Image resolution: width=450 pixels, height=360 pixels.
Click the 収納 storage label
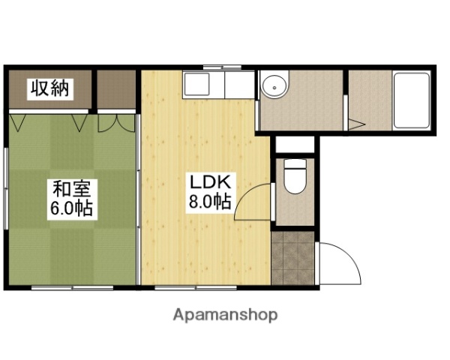(x=49, y=89)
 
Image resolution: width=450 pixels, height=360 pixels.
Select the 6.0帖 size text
(x=70, y=208)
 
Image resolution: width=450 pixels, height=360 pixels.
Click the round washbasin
(x=276, y=87)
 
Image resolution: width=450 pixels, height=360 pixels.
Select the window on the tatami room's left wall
(x=6, y=179)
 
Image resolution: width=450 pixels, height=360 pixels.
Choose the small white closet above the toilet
(x=294, y=145)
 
